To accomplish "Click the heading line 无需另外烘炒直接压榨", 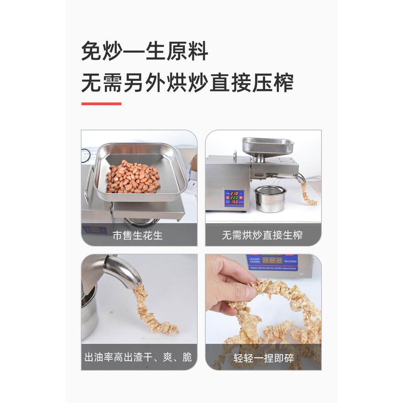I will (x=187, y=84).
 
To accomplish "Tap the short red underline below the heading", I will (x=101, y=104).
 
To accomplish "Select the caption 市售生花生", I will (x=138, y=236).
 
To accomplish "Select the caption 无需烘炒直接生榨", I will (x=262, y=236).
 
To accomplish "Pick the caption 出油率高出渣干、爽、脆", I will (x=138, y=357).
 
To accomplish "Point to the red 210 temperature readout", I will (x=234, y=194).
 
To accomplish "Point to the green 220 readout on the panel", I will (x=234, y=198).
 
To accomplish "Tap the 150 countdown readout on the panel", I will (x=234, y=202).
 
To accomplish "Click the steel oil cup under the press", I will (x=266, y=199).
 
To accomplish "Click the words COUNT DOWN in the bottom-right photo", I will (x=255, y=260).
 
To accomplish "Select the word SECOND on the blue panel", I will (x=290, y=261).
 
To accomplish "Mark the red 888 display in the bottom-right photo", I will (x=272, y=260).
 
